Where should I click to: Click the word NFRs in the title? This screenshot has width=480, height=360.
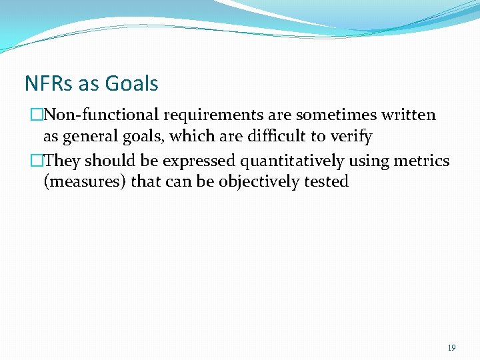click(49, 84)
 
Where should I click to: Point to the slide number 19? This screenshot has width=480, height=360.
click(451, 348)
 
